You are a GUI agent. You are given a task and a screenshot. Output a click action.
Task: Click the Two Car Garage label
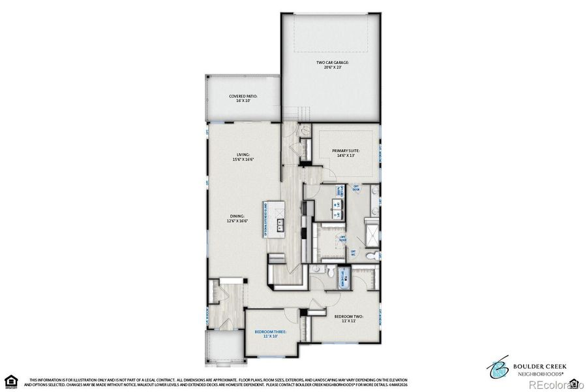[333, 65]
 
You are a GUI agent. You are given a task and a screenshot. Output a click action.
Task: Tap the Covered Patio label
[243, 99]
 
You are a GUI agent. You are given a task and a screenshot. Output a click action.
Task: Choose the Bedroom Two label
[348, 319]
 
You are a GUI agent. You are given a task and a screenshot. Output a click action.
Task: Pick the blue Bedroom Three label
[269, 335]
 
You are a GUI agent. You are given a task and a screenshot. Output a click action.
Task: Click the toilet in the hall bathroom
[331, 271]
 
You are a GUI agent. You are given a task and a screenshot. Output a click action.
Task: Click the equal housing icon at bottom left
[10, 381]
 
